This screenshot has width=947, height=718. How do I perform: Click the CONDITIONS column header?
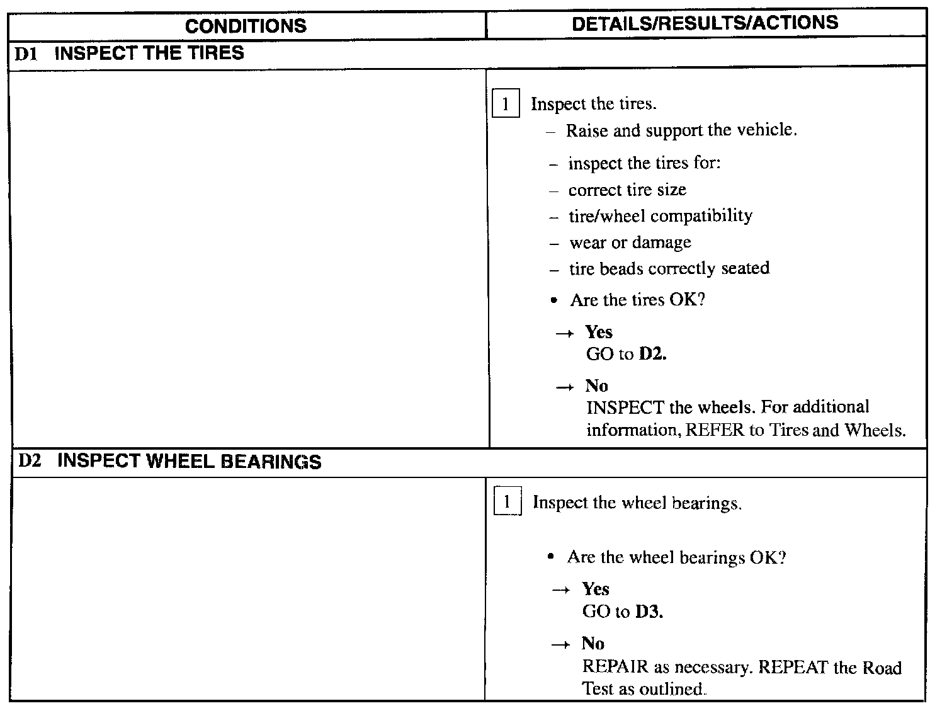(246, 26)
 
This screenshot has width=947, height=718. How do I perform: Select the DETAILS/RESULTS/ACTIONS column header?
(705, 23)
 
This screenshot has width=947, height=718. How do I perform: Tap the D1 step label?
(26, 54)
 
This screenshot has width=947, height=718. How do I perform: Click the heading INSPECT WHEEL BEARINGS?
(189, 462)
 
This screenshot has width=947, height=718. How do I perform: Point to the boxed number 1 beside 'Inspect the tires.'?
(506, 105)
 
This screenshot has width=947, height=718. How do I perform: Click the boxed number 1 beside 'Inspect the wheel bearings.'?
(508, 503)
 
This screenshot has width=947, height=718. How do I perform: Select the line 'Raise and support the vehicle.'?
(681, 130)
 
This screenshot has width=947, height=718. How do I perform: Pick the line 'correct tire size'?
(627, 190)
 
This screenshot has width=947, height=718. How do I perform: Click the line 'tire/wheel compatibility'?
(660, 216)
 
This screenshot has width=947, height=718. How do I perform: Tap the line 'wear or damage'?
(630, 242)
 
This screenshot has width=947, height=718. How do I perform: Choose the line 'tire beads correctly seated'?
(669, 268)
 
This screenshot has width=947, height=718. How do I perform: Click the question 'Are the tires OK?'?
(637, 300)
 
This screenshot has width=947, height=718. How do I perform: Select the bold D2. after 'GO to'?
(653, 354)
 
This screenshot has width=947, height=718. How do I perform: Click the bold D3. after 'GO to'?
(649, 612)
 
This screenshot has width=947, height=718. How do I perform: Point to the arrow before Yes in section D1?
(565, 333)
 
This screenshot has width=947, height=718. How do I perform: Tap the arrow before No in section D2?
(560, 644)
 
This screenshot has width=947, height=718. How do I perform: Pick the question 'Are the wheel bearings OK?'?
(676, 557)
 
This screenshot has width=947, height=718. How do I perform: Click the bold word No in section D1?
(596, 385)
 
